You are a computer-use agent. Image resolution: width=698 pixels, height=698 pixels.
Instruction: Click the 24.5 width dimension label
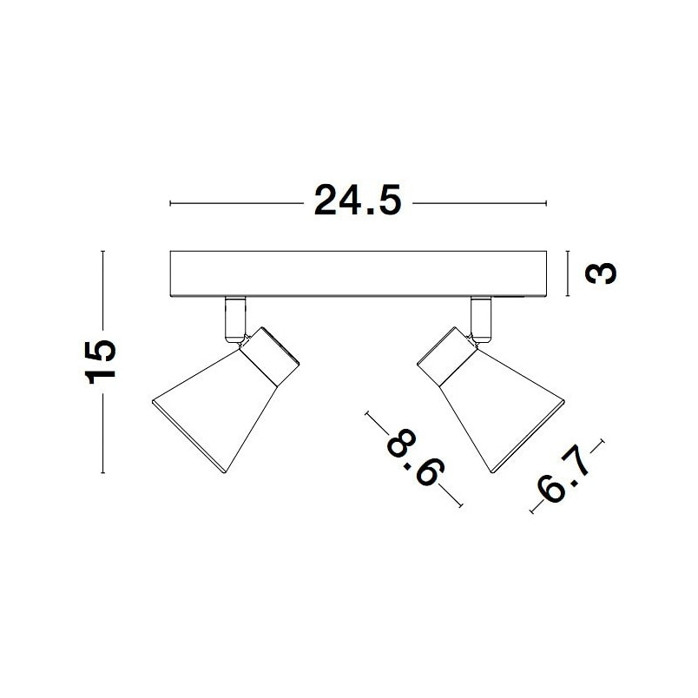tap(358, 201)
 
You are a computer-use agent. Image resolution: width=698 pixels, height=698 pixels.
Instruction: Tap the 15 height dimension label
tap(100, 362)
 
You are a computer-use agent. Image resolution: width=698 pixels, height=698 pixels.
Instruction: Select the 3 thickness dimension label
tap(601, 273)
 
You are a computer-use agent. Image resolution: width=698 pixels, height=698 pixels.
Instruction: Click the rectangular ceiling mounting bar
tap(359, 273)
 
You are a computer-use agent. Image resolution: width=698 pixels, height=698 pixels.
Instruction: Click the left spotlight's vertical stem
tap(235, 319)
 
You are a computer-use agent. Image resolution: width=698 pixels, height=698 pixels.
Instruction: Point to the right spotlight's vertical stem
tap(481, 319)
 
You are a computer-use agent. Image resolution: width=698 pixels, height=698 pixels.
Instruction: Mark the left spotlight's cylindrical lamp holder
tap(269, 356)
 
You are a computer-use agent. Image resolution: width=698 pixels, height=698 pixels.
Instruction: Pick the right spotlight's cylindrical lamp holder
tap(447, 356)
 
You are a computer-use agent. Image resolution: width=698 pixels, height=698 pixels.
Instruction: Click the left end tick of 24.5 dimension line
tap(170, 203)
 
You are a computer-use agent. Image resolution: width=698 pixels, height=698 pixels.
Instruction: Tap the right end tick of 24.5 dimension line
tap(546, 203)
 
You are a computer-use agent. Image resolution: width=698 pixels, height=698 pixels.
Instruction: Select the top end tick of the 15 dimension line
tap(102, 252)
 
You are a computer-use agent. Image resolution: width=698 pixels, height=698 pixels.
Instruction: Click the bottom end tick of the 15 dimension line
tap(102, 473)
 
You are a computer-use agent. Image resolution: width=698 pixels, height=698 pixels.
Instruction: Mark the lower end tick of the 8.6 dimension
tap(460, 504)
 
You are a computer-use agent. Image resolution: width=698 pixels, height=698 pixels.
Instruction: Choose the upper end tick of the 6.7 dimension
tap(602, 442)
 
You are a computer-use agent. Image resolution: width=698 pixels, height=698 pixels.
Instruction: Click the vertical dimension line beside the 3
tap(568, 273)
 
